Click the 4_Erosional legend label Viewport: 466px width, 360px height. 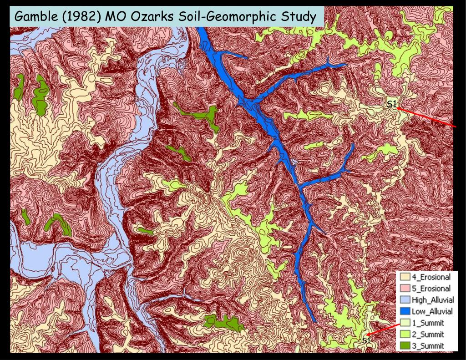[431, 277]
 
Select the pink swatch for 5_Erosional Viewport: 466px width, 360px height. [405, 289]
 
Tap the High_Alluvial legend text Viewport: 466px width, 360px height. [432, 300]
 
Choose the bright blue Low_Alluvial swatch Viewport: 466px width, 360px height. [405, 311]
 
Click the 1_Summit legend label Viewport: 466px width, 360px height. [428, 323]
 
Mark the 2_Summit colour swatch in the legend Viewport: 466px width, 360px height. [405, 335]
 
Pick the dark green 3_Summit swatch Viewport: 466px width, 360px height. [405, 346]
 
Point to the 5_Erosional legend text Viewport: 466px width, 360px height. [431, 289]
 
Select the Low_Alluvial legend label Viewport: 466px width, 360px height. [432, 311]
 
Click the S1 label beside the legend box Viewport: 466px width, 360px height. [366, 341]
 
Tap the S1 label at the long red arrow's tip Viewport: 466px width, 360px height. [391, 104]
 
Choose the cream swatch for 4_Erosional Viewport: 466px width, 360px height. [405, 277]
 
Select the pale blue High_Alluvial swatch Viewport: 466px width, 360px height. [405, 300]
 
